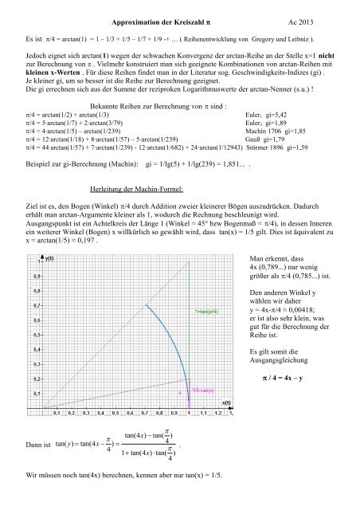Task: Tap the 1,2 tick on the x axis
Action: (219, 414)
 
